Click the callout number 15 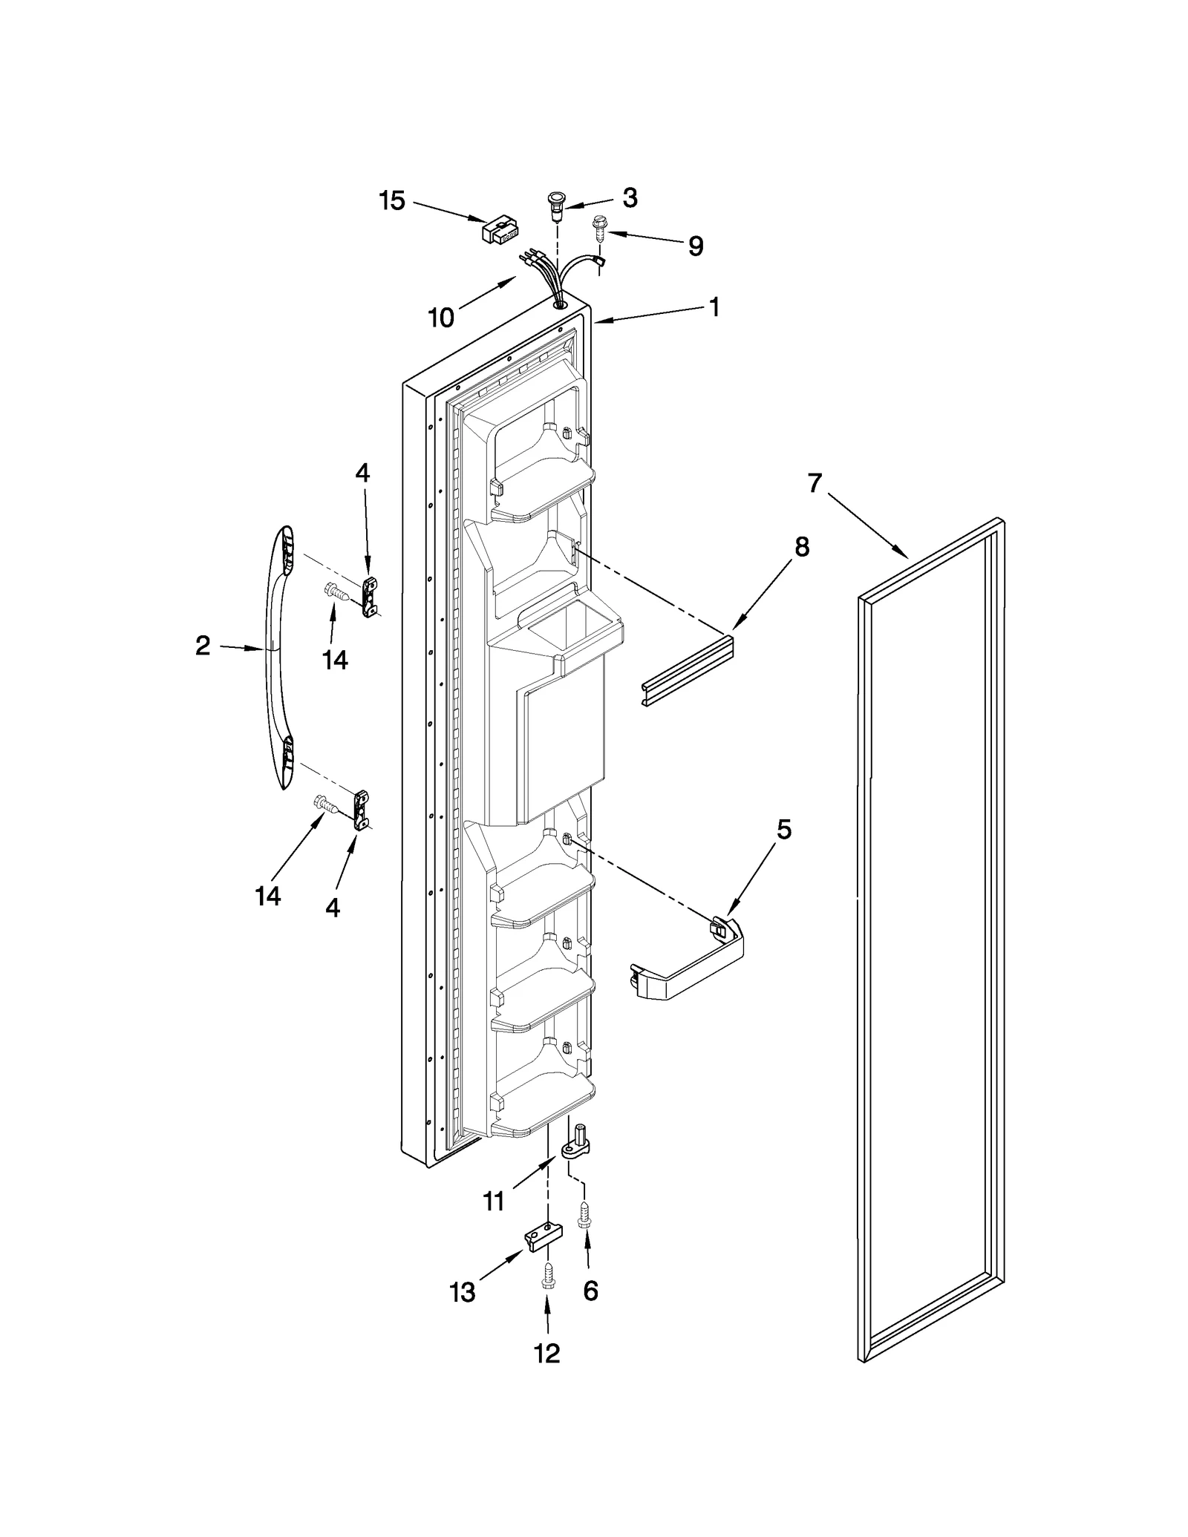[x=392, y=200]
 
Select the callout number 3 [x=630, y=197]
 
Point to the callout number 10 [x=441, y=318]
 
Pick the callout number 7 [x=815, y=483]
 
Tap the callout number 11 [x=494, y=1201]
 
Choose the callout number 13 [x=462, y=1293]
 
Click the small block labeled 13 [x=544, y=1238]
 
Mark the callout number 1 [x=714, y=307]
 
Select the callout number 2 [x=203, y=646]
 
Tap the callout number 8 [x=801, y=547]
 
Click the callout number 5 [x=784, y=830]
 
